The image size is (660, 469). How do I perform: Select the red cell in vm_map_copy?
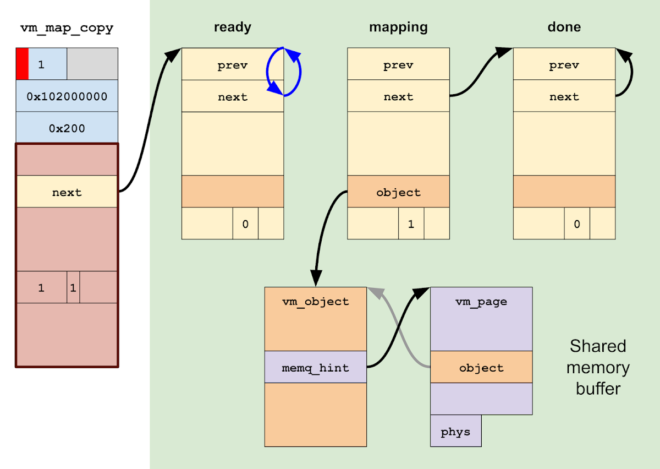pyautogui.click(x=22, y=64)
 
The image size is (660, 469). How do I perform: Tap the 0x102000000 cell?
pyautogui.click(x=67, y=96)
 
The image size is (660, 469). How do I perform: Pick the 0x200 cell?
pyautogui.click(x=67, y=128)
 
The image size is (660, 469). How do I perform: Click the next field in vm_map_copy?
pyautogui.click(x=67, y=192)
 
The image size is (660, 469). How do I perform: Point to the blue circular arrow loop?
pyautogui.click(x=284, y=72)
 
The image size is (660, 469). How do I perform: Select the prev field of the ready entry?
pyautogui.click(x=232, y=65)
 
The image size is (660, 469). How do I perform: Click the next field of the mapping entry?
pyautogui.click(x=398, y=97)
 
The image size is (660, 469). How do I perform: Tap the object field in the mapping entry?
pyautogui.click(x=398, y=192)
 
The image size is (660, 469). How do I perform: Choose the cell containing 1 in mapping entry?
pyautogui.click(x=411, y=224)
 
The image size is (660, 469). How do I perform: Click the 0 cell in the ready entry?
pyautogui.click(x=245, y=224)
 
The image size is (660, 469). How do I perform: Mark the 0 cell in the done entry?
pyautogui.click(x=576, y=224)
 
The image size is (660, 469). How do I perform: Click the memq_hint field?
pyautogui.click(x=315, y=367)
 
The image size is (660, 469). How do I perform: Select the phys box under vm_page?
pyautogui.click(x=455, y=431)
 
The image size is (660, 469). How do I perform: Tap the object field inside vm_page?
pyautogui.click(x=481, y=367)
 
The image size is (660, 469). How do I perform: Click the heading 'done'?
pyautogui.click(x=564, y=28)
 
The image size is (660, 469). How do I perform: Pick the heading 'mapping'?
pyautogui.click(x=398, y=28)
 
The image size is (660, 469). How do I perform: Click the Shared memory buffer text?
pyautogui.click(x=598, y=367)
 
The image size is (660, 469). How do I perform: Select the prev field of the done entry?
pyautogui.click(x=564, y=65)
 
